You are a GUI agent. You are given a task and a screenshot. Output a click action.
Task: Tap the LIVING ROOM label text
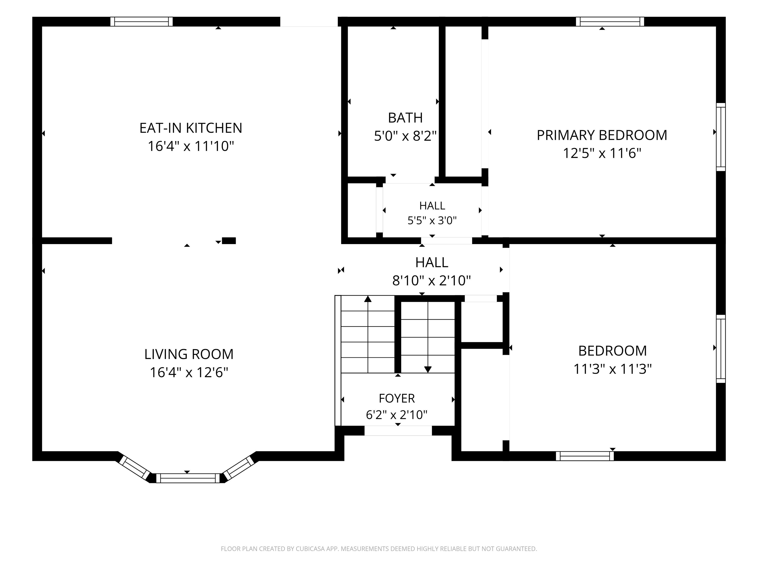click(x=189, y=354)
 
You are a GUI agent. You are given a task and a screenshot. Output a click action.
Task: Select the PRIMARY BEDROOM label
click(x=602, y=135)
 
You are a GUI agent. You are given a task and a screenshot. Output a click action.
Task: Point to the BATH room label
click(x=405, y=118)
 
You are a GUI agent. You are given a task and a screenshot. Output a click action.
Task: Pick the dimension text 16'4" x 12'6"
click(x=189, y=372)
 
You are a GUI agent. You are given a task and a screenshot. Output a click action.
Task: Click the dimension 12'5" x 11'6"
click(x=602, y=153)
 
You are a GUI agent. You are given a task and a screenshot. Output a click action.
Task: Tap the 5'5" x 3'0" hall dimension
click(x=432, y=220)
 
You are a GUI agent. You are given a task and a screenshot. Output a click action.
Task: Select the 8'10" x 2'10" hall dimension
click(x=431, y=281)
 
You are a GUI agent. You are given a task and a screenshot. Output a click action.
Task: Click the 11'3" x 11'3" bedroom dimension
click(x=612, y=369)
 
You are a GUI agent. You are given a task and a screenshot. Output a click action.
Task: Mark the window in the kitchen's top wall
click(x=142, y=21)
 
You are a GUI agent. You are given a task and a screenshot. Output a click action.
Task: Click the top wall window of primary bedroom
click(x=610, y=21)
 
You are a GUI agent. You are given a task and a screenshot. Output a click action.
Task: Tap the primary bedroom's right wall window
click(x=721, y=137)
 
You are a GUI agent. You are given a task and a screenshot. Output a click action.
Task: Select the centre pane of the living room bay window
click(x=188, y=478)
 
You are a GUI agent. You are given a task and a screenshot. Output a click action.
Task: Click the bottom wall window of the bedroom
click(x=585, y=456)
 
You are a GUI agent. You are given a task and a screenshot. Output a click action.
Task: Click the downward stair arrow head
click(x=428, y=370)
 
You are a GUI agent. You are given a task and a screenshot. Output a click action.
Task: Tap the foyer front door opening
click(x=398, y=431)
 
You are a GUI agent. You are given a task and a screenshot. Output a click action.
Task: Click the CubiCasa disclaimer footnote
click(x=379, y=549)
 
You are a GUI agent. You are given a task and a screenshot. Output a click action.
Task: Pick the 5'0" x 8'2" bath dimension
click(x=405, y=136)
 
